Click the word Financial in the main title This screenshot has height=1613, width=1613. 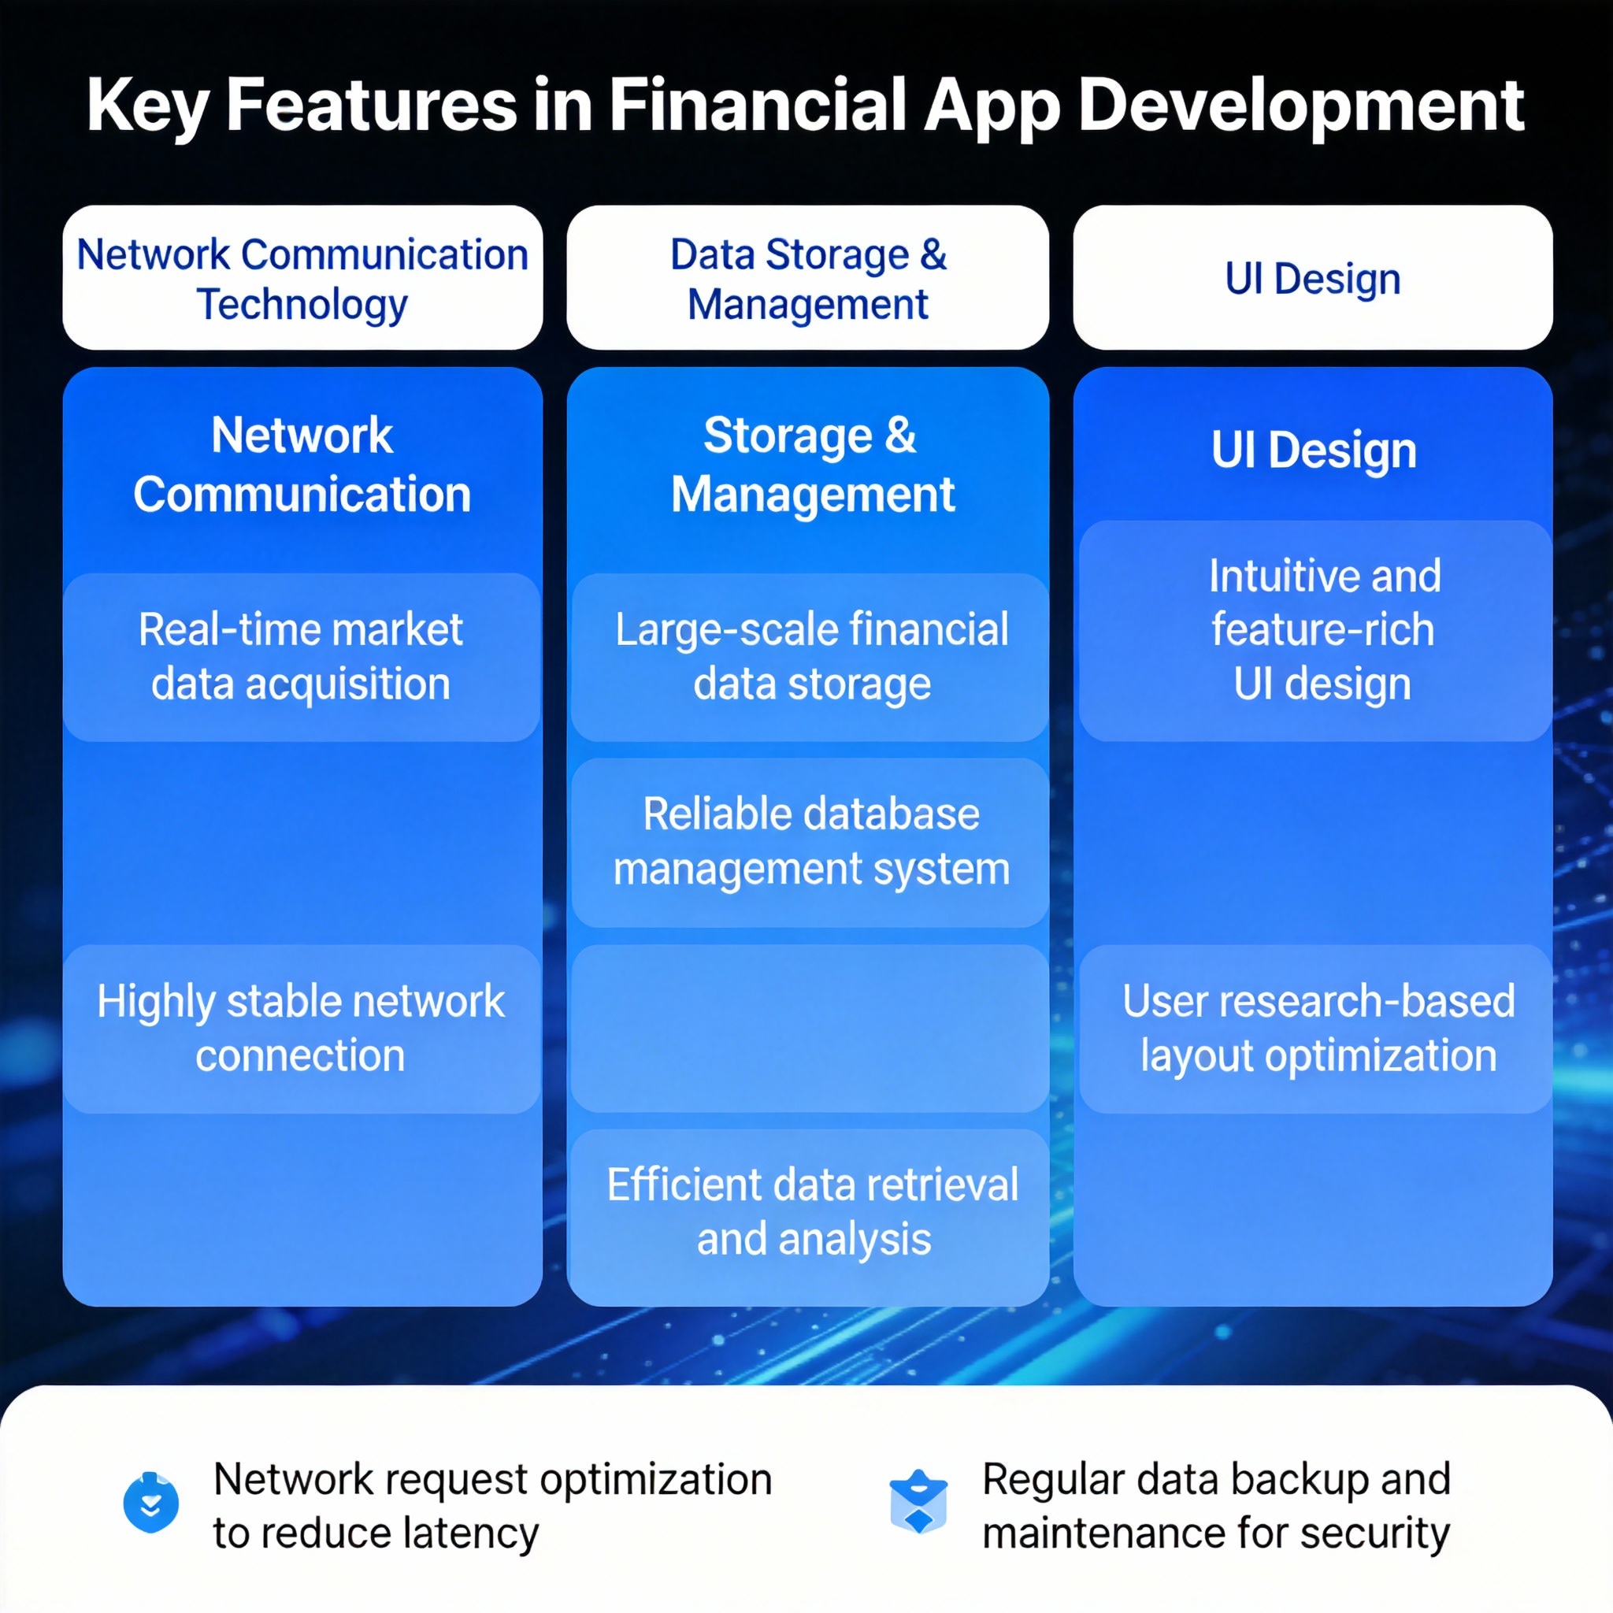tap(757, 106)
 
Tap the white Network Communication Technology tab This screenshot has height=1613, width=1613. tap(302, 277)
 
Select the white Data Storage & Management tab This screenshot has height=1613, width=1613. tap(807, 277)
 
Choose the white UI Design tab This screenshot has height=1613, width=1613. tap(1312, 277)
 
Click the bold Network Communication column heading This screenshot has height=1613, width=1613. tap(302, 464)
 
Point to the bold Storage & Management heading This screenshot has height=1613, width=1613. tap(811, 464)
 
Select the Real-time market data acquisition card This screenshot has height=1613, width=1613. tap(302, 657)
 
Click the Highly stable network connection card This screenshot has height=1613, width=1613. tap(302, 1029)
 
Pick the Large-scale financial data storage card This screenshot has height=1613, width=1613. tap(810, 657)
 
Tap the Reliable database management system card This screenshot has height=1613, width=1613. tap(810, 843)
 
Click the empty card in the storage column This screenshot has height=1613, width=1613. tap(810, 1029)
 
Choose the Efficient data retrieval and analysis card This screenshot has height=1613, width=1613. tap(810, 1215)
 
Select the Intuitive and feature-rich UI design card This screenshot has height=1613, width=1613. tap(1315, 631)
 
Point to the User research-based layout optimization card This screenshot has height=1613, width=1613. tap(1315, 1029)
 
